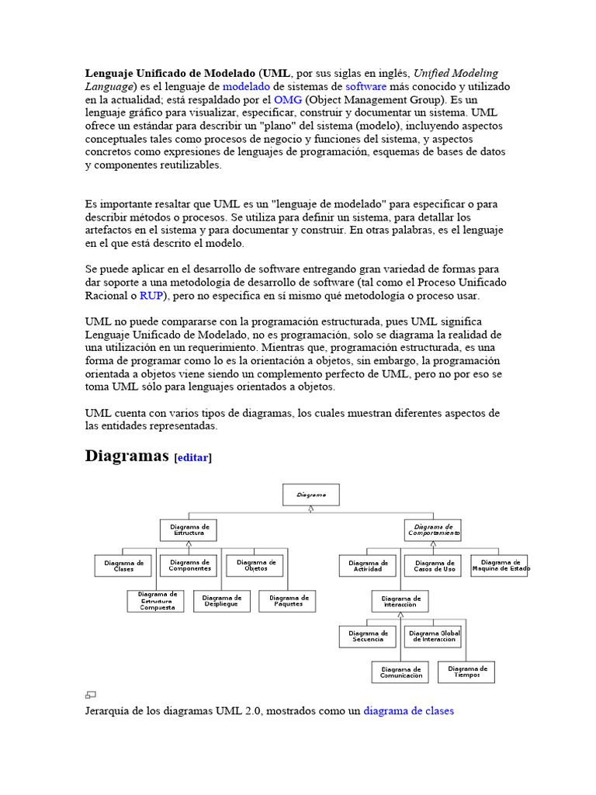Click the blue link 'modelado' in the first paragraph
pyautogui.click(x=247, y=87)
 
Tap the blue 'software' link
pyautogui.click(x=366, y=87)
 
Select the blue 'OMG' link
pyautogui.click(x=287, y=100)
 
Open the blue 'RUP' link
pyautogui.click(x=151, y=296)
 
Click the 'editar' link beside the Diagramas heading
pyautogui.click(x=193, y=458)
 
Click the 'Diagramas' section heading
pyautogui.click(x=126, y=456)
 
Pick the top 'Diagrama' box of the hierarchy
pyautogui.click(x=310, y=495)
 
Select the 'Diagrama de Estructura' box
pyautogui.click(x=189, y=530)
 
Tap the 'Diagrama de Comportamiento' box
pyautogui.click(x=433, y=530)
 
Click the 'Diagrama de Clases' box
pyautogui.click(x=123, y=566)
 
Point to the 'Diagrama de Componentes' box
pyautogui.click(x=189, y=565)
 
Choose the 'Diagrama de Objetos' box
pyautogui.click(x=255, y=565)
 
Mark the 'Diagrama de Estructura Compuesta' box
pyautogui.click(x=156, y=601)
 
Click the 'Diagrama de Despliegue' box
pyautogui.click(x=222, y=601)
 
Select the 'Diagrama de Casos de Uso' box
pyautogui.click(x=435, y=565)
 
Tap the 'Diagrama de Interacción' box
pyautogui.click(x=400, y=602)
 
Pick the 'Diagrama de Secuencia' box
pyautogui.click(x=368, y=637)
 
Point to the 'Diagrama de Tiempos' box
pyautogui.click(x=466, y=672)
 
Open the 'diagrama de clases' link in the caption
pyautogui.click(x=408, y=710)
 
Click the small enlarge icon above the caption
pyautogui.click(x=90, y=695)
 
